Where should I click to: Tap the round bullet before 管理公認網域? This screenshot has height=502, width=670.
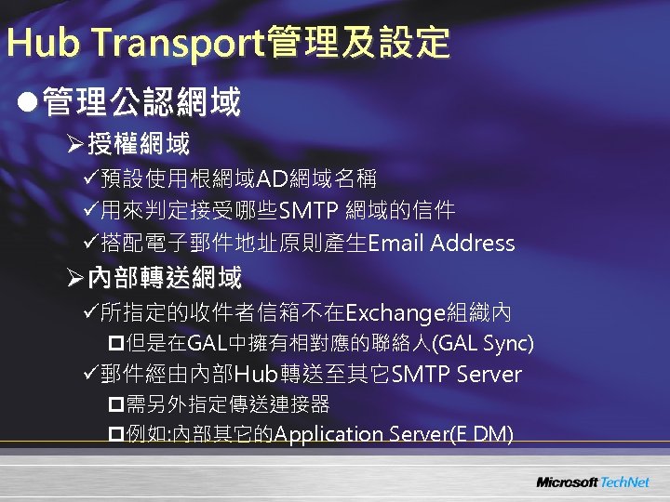pos(29,101)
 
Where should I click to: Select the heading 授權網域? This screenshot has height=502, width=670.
pos(139,144)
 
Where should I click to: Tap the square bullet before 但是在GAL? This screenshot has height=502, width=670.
pos(115,344)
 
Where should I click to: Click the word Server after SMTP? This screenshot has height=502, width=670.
pos(489,375)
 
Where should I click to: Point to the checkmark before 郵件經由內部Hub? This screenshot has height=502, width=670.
pos(89,375)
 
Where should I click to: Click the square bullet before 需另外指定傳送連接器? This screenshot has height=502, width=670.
pos(115,404)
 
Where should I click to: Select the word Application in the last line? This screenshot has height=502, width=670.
pos(329,434)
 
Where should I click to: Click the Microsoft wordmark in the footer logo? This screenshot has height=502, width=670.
pos(566,482)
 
